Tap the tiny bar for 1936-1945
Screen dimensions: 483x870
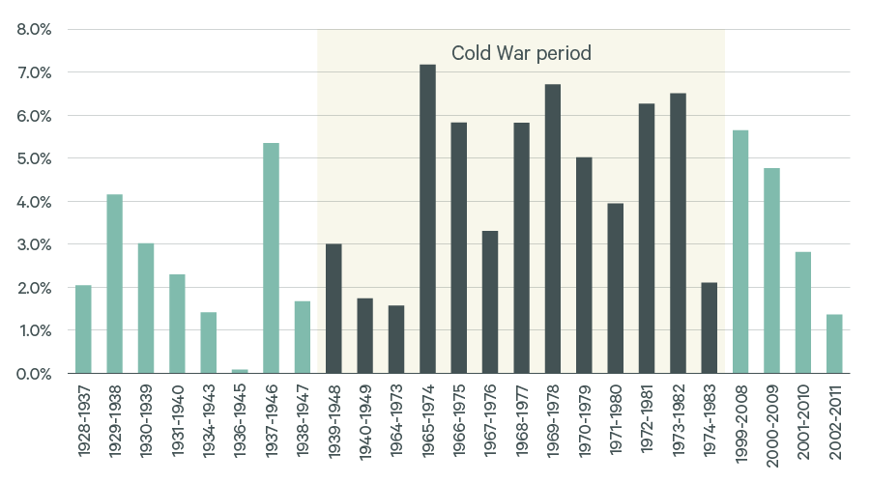[x=240, y=371]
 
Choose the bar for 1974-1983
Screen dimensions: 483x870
[x=709, y=327]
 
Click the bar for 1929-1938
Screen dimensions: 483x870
[x=114, y=284]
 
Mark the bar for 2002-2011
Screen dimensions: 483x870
[x=834, y=344]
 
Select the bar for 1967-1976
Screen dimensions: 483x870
[x=490, y=302]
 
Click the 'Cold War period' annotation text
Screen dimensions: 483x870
[x=521, y=53]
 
